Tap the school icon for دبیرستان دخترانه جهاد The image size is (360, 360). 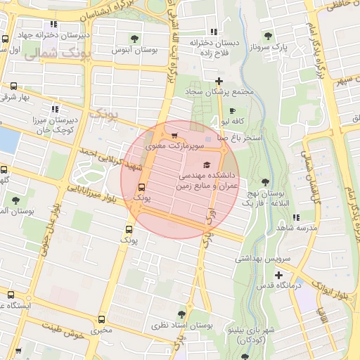(6, 39)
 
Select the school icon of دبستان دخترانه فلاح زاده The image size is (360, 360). (214, 32)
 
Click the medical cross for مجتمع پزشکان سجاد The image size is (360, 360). (219, 82)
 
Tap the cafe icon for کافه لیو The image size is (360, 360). (232, 111)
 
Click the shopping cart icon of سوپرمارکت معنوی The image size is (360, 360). (174, 136)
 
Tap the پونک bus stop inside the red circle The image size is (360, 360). (142, 187)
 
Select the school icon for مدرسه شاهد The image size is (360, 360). (295, 218)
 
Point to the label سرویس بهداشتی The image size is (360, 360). (257, 259)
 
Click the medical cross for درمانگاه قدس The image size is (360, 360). (279, 275)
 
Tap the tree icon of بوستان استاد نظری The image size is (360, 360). (182, 314)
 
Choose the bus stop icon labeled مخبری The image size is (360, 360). (103, 317)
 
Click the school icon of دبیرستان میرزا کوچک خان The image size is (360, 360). (55, 109)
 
